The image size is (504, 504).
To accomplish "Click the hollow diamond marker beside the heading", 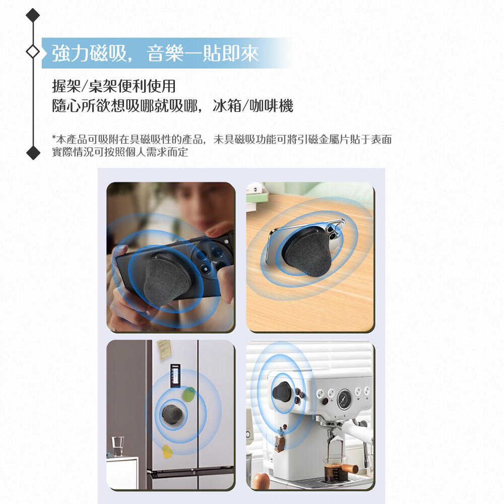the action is [x=33, y=51].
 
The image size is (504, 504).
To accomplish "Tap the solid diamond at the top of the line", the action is [x=33, y=15].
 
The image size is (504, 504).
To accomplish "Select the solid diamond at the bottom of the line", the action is [x=33, y=152].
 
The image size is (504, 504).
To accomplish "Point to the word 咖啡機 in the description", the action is [x=271, y=105].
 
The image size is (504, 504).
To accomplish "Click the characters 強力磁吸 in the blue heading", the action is [x=89, y=53].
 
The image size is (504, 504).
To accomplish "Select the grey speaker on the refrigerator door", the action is [x=172, y=414].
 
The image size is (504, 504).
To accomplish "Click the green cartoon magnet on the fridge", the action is [x=189, y=395].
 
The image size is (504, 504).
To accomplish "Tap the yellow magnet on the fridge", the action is [x=167, y=451].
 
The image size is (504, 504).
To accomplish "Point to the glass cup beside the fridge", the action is [x=118, y=446].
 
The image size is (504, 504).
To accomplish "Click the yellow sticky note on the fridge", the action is [x=164, y=349].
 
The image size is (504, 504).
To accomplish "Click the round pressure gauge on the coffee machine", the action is [x=344, y=399].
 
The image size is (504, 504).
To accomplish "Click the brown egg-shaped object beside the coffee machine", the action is [x=261, y=481].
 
